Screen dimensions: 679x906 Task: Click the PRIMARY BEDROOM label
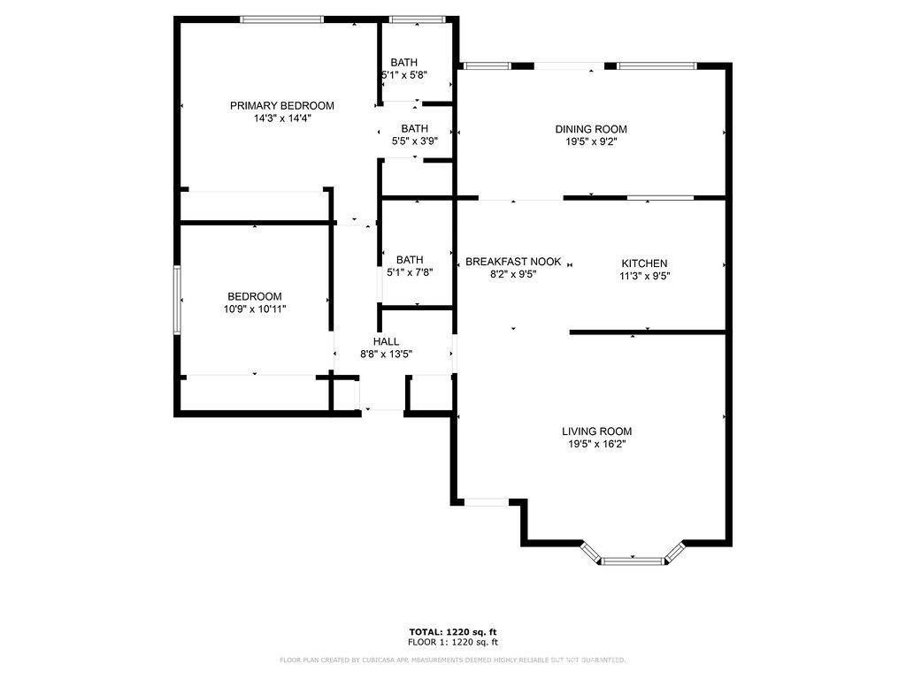pyautogui.click(x=282, y=105)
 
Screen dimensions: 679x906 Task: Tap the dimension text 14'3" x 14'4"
pyautogui.click(x=282, y=118)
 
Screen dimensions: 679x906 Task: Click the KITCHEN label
pyautogui.click(x=644, y=263)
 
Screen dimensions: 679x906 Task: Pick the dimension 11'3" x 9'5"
pyautogui.click(x=644, y=275)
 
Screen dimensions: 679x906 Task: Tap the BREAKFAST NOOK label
pyautogui.click(x=513, y=262)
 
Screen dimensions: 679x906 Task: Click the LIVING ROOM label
pyautogui.click(x=596, y=431)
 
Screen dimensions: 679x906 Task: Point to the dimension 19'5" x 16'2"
pyautogui.click(x=596, y=444)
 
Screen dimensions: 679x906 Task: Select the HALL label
pyautogui.click(x=386, y=341)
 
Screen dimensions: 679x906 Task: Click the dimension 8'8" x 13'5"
pyautogui.click(x=386, y=354)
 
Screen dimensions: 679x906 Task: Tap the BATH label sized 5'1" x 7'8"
pyautogui.click(x=410, y=259)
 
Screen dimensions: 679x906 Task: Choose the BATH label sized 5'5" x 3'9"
pyautogui.click(x=414, y=128)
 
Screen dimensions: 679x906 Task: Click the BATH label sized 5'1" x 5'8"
pyautogui.click(x=404, y=62)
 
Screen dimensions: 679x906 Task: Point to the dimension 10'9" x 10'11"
pyautogui.click(x=255, y=309)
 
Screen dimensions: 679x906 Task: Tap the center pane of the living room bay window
pyautogui.click(x=632, y=560)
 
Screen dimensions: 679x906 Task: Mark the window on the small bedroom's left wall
pyautogui.click(x=177, y=301)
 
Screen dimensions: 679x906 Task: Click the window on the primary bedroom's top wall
pyautogui.click(x=282, y=19)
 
